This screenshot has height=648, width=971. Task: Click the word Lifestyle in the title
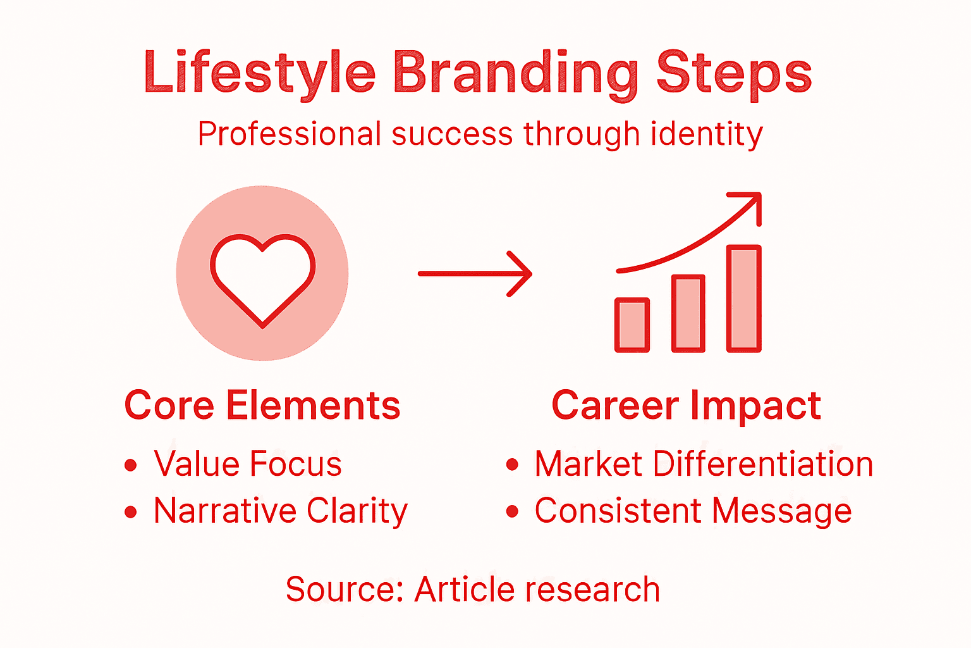click(x=259, y=73)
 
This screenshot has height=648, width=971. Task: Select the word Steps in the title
click(x=733, y=73)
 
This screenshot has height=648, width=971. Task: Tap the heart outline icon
click(x=262, y=278)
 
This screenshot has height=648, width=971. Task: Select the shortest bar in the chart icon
click(x=632, y=325)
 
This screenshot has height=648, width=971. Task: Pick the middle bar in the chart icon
click(x=688, y=313)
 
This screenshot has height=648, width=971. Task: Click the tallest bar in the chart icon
click(x=744, y=298)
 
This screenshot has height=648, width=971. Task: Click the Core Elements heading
click(x=262, y=405)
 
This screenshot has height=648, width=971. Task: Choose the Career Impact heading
click(x=686, y=405)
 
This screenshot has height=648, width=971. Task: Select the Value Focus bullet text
click(x=248, y=464)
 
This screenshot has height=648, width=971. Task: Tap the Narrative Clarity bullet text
click(x=281, y=511)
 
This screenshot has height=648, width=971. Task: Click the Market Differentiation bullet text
click(x=704, y=464)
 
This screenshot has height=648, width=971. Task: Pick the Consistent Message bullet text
click(x=693, y=511)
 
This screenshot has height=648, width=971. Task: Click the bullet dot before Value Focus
click(x=131, y=466)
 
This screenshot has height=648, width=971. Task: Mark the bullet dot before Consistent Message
click(x=512, y=512)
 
